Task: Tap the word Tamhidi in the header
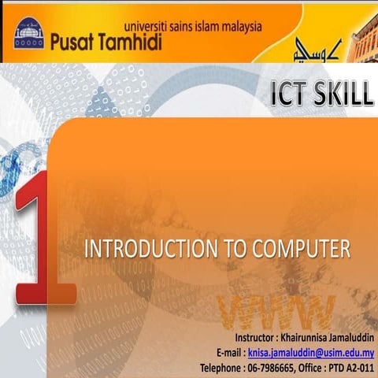(134, 43)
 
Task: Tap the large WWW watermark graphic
(279, 313)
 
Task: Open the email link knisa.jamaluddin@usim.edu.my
(310, 354)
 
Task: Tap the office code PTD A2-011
(346, 367)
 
